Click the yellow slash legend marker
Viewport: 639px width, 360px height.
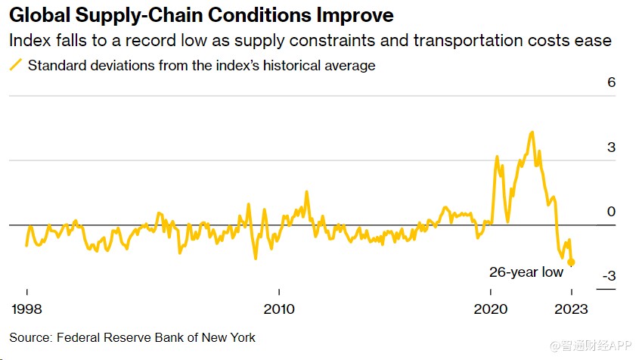point(14,65)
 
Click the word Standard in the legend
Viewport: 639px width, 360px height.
point(55,65)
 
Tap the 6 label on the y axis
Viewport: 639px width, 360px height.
point(611,83)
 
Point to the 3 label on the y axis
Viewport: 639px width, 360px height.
point(611,147)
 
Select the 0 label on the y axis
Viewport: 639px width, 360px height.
point(611,212)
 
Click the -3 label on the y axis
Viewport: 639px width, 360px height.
point(609,276)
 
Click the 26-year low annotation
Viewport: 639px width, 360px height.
point(526,272)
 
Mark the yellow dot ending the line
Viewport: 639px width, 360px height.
point(572,262)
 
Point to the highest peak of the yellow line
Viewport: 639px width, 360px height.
point(532,132)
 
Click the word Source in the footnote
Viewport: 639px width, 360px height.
point(29,337)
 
